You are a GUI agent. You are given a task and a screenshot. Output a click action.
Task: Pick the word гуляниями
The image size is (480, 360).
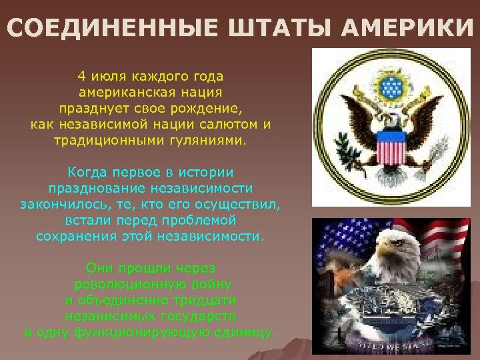click(210, 141)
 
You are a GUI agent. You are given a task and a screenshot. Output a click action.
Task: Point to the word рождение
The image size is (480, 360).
click(208, 109)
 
